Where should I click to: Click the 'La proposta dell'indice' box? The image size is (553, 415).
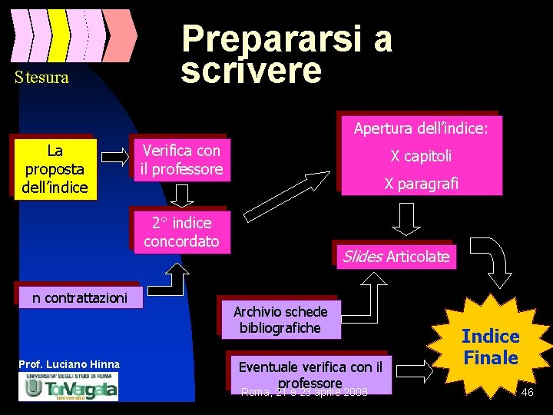coord(55,168)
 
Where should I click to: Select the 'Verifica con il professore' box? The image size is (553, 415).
coord(181,160)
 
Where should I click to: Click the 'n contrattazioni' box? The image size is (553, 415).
coord(80,297)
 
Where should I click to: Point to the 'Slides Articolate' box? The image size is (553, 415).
coord(396,257)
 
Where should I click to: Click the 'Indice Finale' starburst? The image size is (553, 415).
coord(490,347)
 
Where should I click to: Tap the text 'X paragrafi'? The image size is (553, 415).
coord(421,184)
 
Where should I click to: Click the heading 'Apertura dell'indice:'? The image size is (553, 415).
coord(420,128)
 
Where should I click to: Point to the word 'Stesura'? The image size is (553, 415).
coord(41,77)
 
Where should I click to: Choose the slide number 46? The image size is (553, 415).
coord(527,393)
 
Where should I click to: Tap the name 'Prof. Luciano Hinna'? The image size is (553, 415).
coord(69,364)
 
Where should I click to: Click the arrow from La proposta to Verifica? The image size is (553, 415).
coord(116,157)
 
